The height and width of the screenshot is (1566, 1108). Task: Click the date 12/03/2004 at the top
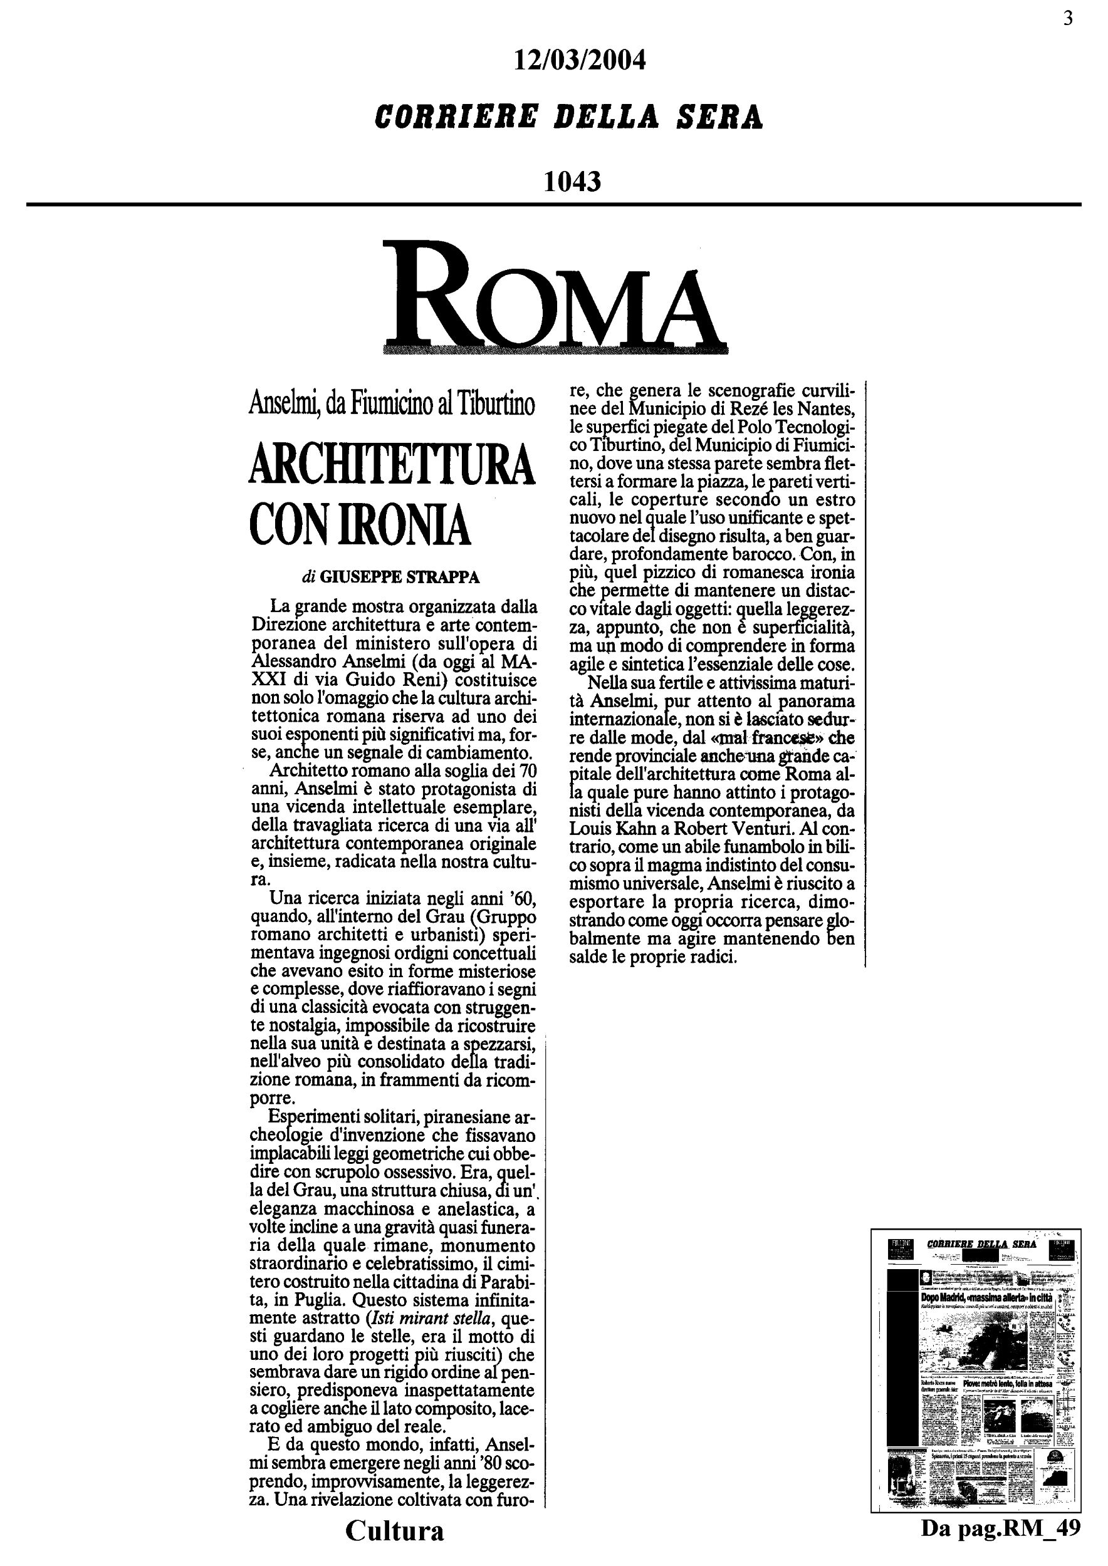[x=578, y=61]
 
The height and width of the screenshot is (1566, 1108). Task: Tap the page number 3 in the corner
[x=1068, y=18]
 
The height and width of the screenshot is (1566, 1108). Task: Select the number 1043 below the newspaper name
[x=572, y=182]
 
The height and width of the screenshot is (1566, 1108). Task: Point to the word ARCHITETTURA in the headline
[x=392, y=464]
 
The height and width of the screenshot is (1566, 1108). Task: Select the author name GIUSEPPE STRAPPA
[x=400, y=578]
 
